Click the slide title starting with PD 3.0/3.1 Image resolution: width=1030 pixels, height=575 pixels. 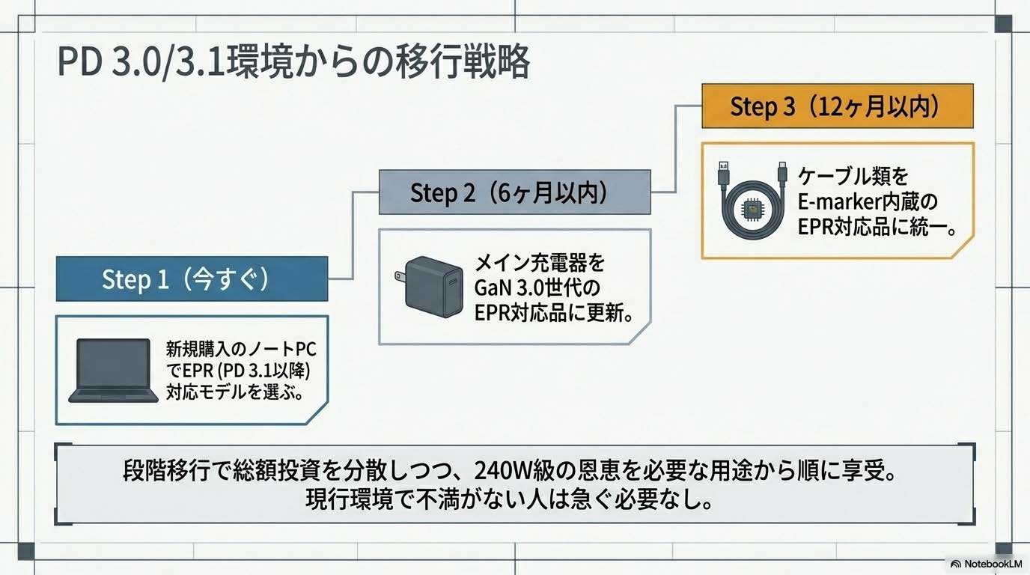tap(293, 63)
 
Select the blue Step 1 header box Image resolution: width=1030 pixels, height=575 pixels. tap(192, 279)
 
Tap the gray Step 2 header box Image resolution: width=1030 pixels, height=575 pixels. tap(514, 193)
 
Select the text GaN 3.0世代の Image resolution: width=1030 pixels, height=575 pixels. tap(537, 288)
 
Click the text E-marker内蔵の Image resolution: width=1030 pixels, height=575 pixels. tap(867, 201)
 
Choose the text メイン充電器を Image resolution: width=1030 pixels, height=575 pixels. tap(539, 264)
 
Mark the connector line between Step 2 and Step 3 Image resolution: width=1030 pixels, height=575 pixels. tap(677, 150)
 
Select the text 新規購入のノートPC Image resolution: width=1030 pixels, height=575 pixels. tap(240, 349)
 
